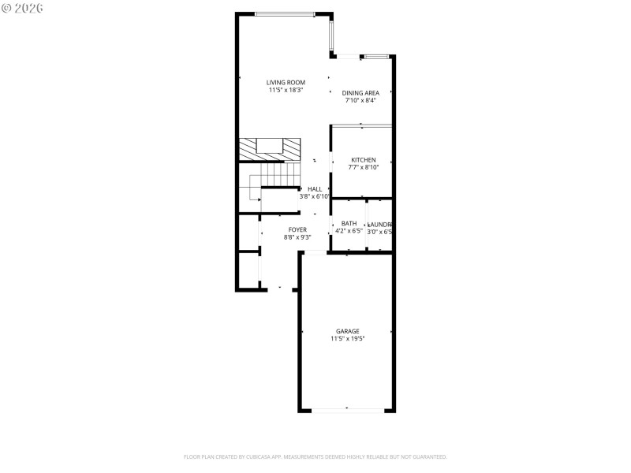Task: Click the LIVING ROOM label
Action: click(285, 83)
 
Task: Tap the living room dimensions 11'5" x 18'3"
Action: click(285, 91)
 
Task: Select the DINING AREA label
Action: click(360, 93)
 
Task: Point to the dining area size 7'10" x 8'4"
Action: click(360, 100)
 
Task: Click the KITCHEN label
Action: click(363, 160)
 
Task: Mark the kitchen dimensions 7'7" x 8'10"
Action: click(363, 167)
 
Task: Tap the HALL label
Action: click(315, 189)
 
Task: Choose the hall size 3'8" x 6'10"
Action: click(315, 196)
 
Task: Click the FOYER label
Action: click(297, 229)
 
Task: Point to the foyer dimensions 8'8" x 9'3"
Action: click(297, 236)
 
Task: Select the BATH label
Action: click(349, 223)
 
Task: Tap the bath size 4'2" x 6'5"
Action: click(349, 231)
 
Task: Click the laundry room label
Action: click(380, 223)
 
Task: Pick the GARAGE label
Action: click(348, 331)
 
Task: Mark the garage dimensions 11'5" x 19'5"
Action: click(348, 339)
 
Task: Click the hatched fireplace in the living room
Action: click(270, 147)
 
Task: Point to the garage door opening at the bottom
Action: click(347, 409)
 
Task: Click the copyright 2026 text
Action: click(23, 8)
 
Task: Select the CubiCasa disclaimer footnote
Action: click(315, 456)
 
